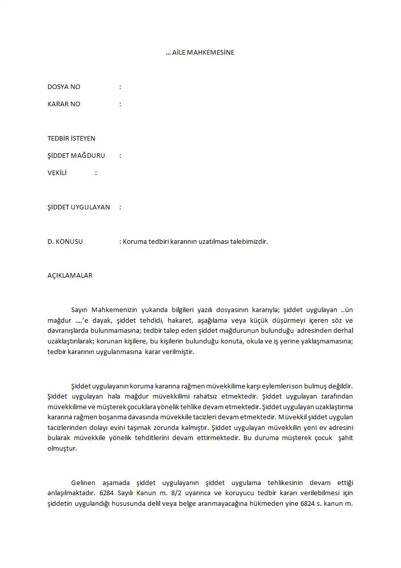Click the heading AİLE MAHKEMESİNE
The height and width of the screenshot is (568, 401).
(x=203, y=53)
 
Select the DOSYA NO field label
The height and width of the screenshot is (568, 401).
(x=64, y=87)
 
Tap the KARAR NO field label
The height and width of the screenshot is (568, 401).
(x=64, y=104)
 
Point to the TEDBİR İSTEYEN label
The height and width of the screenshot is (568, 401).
(x=71, y=139)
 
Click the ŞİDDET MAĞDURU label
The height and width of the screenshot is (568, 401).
(x=76, y=156)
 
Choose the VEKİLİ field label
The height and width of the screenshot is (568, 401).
(x=57, y=173)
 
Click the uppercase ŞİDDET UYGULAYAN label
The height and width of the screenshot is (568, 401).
(x=79, y=207)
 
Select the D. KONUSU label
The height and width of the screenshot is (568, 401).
(x=65, y=242)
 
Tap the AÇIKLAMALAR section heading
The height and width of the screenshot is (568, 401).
(x=70, y=276)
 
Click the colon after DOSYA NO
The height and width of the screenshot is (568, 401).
(x=120, y=87)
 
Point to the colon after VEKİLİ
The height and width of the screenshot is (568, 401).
(x=96, y=173)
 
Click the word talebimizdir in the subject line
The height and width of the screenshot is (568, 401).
(x=249, y=242)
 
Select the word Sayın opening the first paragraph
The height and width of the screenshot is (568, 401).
(x=80, y=311)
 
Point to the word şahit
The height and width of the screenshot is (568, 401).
(x=345, y=438)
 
